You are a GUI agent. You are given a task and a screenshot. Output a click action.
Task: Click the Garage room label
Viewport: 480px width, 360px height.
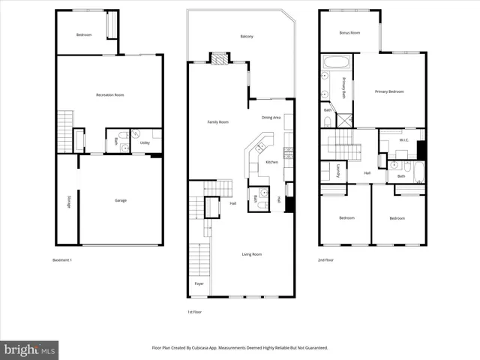pos(120,200)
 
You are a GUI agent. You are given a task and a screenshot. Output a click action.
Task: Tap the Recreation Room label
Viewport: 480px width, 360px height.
pos(109,94)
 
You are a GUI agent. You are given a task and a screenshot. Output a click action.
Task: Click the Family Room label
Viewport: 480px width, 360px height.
pos(218,121)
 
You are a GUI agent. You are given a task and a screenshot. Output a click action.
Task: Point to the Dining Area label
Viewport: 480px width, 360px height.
pos(271,118)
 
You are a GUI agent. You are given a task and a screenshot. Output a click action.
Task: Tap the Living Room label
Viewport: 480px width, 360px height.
pos(251,254)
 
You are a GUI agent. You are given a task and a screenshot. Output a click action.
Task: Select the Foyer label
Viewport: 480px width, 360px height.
pos(199,283)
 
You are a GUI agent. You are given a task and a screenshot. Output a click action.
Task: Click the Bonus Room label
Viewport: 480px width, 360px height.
pos(350,33)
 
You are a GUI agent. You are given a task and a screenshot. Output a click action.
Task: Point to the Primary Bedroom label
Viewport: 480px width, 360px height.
pos(389,91)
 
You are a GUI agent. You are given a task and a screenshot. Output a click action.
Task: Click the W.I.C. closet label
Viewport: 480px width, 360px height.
pos(403,139)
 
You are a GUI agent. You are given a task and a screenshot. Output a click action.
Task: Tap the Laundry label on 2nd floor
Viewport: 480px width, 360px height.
pos(339,170)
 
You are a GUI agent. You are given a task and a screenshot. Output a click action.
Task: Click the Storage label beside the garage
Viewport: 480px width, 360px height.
pos(69,201)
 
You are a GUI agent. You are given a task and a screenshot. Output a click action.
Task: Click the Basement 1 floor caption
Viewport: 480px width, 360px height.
pos(62,259)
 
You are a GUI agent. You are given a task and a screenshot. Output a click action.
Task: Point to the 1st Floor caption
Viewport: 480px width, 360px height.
pos(194,311)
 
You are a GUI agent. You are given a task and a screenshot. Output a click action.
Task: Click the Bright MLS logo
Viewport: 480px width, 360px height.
pos(30,349)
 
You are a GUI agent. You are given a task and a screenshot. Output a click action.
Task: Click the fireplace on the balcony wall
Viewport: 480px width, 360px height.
pos(220,57)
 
